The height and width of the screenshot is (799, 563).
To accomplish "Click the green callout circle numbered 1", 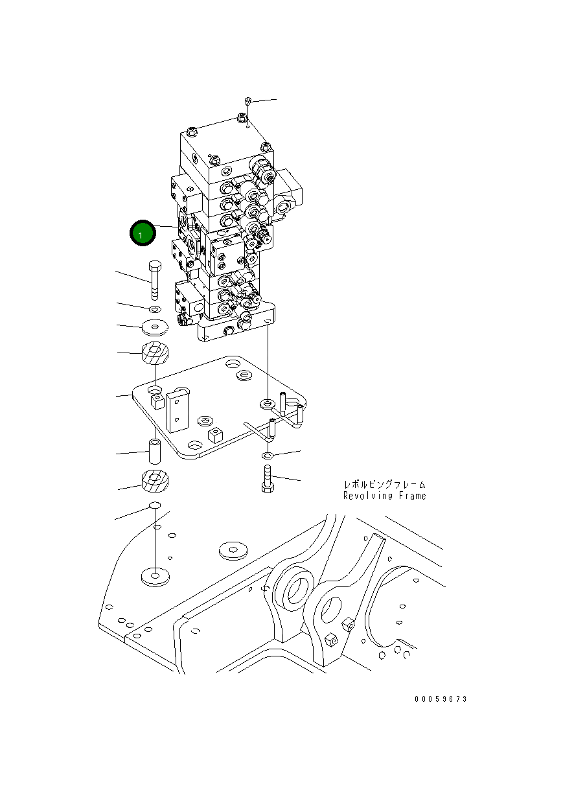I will pyautogui.click(x=142, y=234).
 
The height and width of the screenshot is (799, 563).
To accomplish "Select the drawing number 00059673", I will pyautogui.click(x=441, y=699).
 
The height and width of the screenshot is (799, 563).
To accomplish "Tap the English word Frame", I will pyautogui.click(x=412, y=496).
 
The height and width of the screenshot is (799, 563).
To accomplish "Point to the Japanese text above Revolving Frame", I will pyautogui.click(x=385, y=484).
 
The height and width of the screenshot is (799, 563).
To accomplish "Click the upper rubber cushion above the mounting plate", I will pyautogui.click(x=154, y=353).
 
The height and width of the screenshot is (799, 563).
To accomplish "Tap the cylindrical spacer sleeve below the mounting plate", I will pyautogui.click(x=155, y=451).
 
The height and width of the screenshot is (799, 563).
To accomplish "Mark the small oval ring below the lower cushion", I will pyautogui.click(x=154, y=505).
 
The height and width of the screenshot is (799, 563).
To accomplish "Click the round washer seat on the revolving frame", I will pyautogui.click(x=154, y=576).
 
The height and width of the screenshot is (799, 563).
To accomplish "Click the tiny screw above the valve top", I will pyautogui.click(x=249, y=101).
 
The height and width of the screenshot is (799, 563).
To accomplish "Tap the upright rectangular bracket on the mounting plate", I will pyautogui.click(x=177, y=411).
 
